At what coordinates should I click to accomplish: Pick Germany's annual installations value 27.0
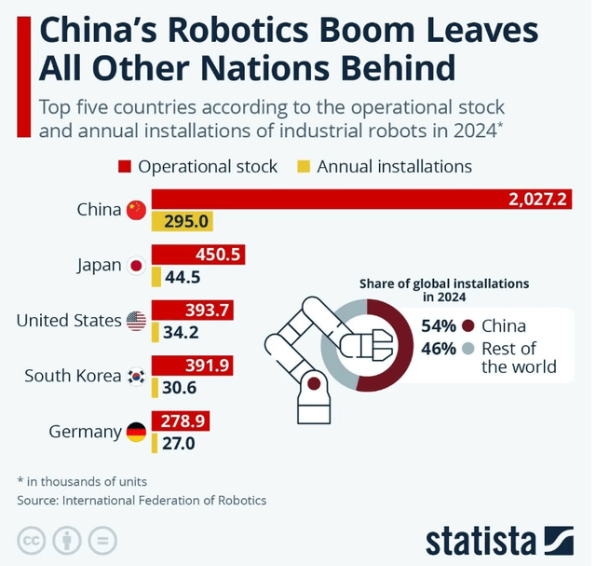click(x=179, y=443)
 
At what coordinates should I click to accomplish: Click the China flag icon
click(x=137, y=210)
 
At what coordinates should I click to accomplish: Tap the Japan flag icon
click(x=137, y=266)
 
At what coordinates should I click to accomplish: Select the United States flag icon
click(x=137, y=321)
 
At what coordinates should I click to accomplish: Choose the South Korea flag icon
click(x=137, y=376)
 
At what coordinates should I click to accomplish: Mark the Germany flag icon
click(x=137, y=432)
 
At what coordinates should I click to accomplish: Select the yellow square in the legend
click(x=303, y=167)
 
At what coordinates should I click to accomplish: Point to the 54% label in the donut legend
click(x=438, y=326)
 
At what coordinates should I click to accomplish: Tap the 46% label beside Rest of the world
click(x=438, y=349)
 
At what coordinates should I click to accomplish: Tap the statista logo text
click(x=479, y=540)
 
